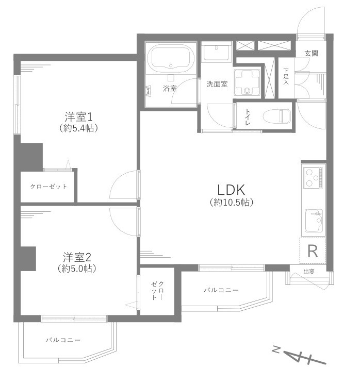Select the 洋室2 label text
coord(77,256)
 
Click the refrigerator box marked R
coord(313,251)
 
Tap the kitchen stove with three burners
coord(313,178)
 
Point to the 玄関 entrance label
coord(311,53)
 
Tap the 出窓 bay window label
coord(309,271)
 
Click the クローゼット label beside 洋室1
coord(48,186)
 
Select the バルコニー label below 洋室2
coord(63,340)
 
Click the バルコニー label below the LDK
coord(221,291)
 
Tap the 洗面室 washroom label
coord(217,84)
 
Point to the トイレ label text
coord(248,116)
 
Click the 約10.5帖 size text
coord(231,203)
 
